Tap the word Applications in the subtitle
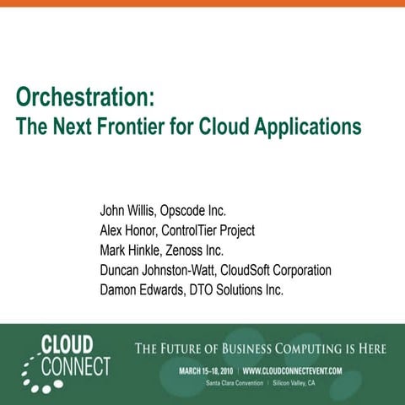click(305, 127)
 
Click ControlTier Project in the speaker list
click(210, 229)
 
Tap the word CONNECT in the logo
click(80, 367)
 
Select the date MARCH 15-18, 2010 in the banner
click(207, 370)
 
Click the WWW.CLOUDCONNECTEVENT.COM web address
click(292, 370)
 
